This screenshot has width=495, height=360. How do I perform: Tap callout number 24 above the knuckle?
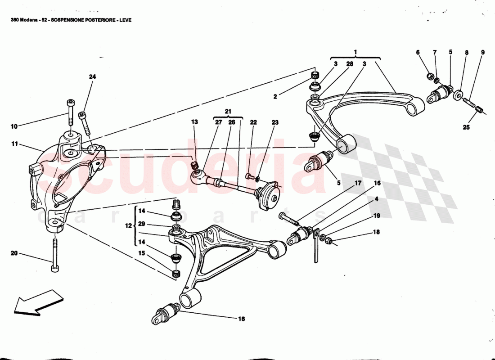[92, 77]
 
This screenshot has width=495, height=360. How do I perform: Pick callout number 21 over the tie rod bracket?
[228, 111]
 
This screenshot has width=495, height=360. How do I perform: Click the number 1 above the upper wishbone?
[355, 52]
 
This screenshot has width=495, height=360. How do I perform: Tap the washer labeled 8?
[457, 95]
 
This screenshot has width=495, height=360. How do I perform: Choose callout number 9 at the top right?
[482, 53]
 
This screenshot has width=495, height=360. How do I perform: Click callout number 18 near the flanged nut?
[376, 232]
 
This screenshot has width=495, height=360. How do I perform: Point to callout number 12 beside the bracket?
[127, 226]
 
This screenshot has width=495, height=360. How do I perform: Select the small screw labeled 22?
[250, 175]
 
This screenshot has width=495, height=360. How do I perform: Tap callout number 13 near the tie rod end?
[194, 122]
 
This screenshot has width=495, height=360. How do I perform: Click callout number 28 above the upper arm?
[349, 64]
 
